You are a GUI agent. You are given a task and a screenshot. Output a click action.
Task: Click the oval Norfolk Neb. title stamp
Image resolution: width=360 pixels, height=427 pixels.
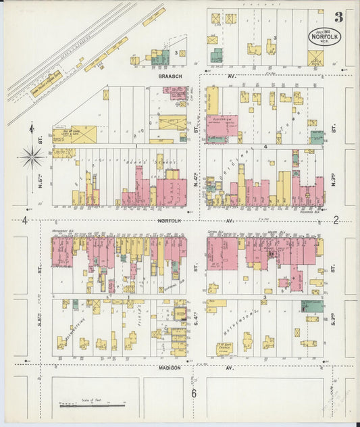click(325, 36)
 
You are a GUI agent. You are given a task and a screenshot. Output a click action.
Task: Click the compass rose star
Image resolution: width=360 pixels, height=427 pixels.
click(32, 157)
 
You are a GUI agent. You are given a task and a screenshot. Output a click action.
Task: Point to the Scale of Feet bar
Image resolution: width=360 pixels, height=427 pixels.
click(92, 405)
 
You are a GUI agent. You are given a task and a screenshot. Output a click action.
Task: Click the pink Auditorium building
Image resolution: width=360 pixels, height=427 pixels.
click(222, 126)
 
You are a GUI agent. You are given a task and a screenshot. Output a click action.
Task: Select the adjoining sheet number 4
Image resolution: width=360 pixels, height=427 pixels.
click(24, 220)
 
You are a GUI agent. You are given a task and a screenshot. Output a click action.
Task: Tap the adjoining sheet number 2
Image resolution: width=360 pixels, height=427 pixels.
click(336, 220)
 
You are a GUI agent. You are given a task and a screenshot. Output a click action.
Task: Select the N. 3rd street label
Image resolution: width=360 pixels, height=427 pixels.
click(334, 180)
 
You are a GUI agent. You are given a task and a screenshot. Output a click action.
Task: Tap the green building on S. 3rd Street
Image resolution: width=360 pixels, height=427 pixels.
click(311, 305)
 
